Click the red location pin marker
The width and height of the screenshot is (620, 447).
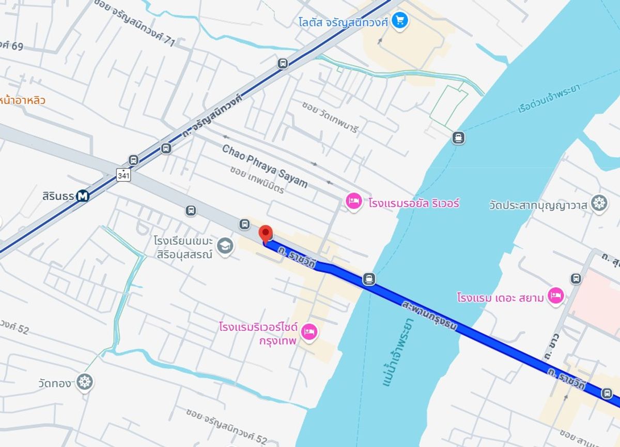pos(265,233)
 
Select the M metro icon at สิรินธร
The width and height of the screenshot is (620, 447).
pos(83,196)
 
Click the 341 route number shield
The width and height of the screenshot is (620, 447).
pos(123,175)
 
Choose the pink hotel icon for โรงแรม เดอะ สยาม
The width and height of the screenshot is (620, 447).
pos(555,296)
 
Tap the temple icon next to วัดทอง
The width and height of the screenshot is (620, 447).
pos(84,382)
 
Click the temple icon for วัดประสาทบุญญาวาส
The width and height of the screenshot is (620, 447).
pos(599,203)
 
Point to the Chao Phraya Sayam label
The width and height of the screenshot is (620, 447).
pos(265,166)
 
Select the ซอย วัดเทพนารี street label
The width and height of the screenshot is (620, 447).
pos(330,116)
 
